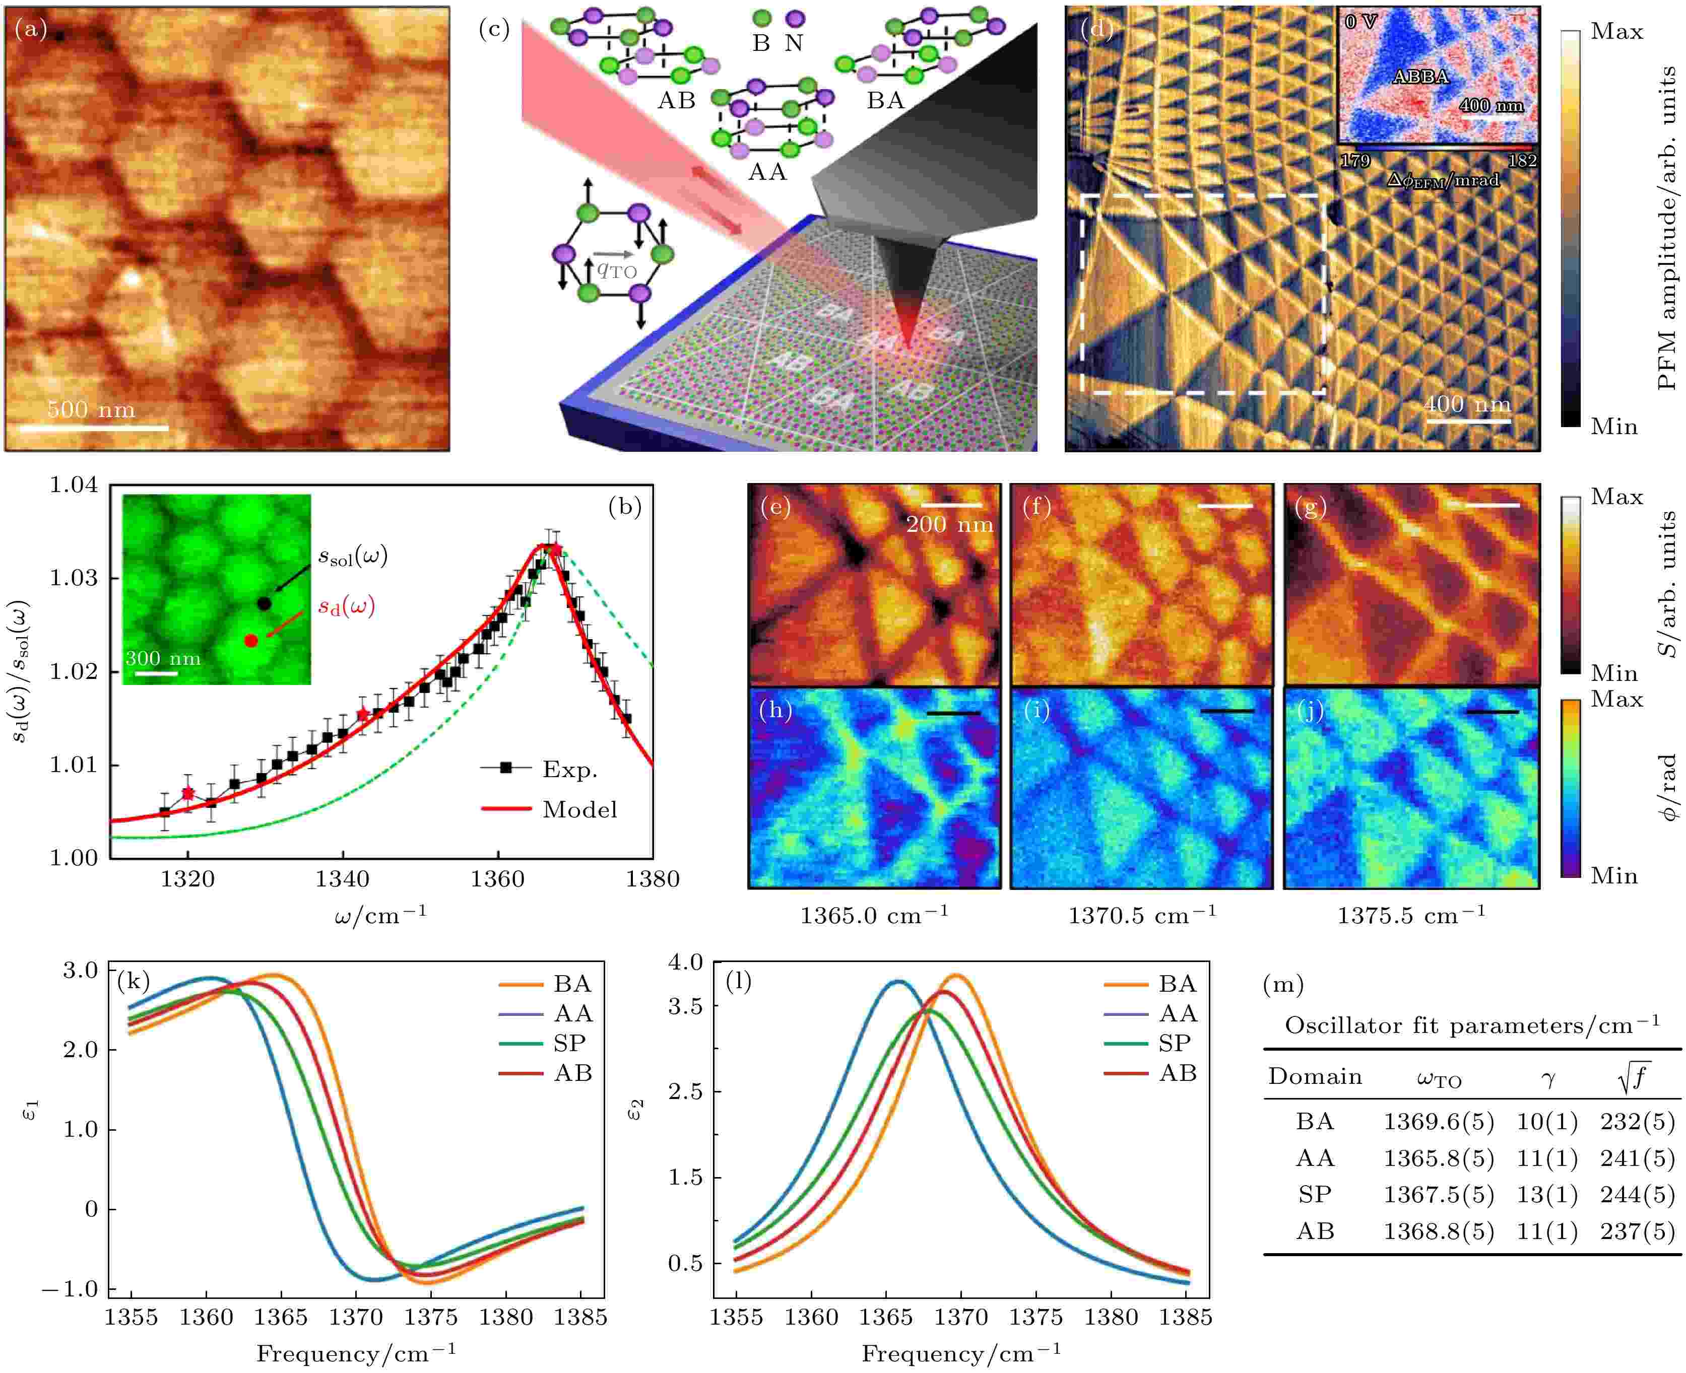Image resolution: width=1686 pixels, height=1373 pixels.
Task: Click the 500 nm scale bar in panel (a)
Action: click(93, 428)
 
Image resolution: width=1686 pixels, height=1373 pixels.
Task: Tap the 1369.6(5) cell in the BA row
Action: click(1438, 1122)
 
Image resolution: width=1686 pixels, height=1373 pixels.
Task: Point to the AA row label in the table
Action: click(1315, 1158)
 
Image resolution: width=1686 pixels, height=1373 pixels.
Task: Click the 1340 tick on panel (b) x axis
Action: click(343, 879)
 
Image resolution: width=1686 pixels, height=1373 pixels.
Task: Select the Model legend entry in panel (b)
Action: click(579, 809)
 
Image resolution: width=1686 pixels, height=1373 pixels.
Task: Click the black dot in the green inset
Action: click(264, 603)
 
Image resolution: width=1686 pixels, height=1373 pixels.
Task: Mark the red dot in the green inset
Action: click(251, 641)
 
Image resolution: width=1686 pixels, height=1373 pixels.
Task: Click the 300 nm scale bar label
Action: click(162, 658)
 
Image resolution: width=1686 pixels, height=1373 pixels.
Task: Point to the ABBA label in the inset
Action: click(1420, 77)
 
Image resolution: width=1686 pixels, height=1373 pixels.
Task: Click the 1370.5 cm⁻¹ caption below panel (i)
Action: click(1142, 916)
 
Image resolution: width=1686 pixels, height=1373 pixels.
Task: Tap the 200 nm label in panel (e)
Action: click(949, 524)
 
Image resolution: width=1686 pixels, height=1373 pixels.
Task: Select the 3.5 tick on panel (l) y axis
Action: click(685, 1006)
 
